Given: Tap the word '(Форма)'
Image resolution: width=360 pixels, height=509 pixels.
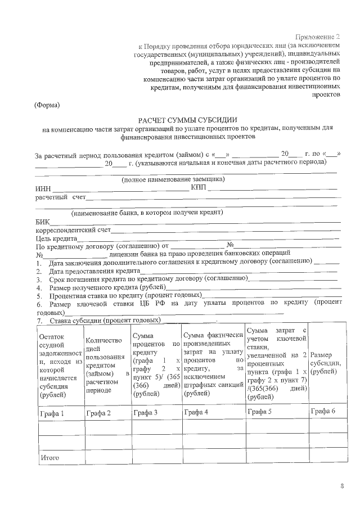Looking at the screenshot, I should tap(47, 105).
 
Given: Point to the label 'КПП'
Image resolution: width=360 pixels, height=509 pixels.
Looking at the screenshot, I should tap(199, 187).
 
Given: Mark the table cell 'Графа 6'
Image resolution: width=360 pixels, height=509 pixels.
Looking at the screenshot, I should tap(323, 411).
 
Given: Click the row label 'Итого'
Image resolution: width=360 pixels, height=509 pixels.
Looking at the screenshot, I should tap(50, 458).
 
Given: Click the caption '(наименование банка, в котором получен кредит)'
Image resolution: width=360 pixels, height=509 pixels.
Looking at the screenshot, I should tap(147, 213).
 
